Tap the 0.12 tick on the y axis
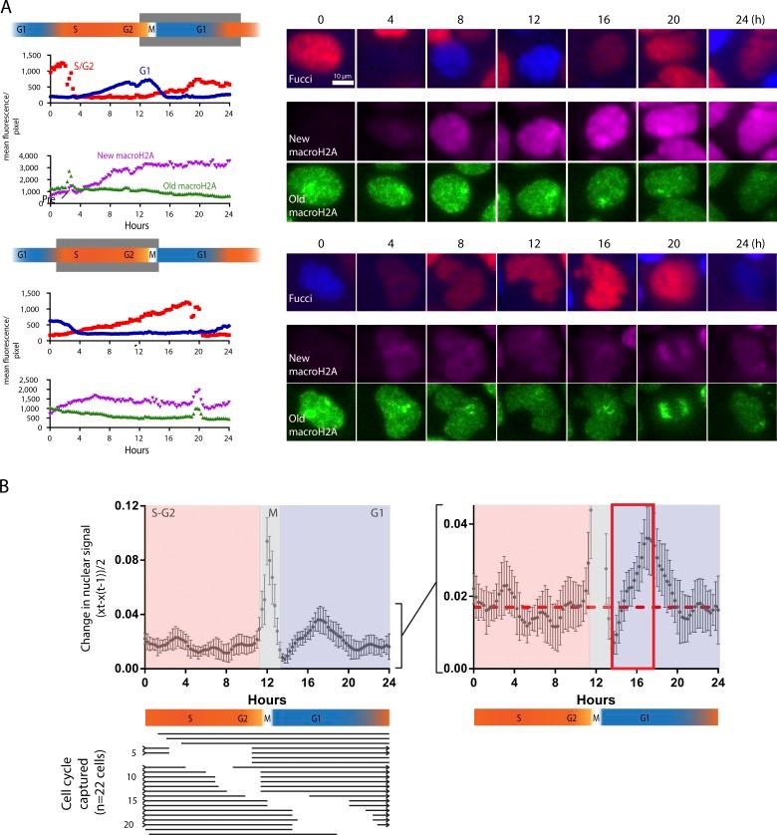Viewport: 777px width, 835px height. point(129,505)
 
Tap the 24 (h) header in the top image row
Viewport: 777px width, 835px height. point(741,18)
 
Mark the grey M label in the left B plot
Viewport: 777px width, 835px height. point(272,514)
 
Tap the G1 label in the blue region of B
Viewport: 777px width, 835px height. point(378,514)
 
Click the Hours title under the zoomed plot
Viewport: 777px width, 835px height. point(596,700)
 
